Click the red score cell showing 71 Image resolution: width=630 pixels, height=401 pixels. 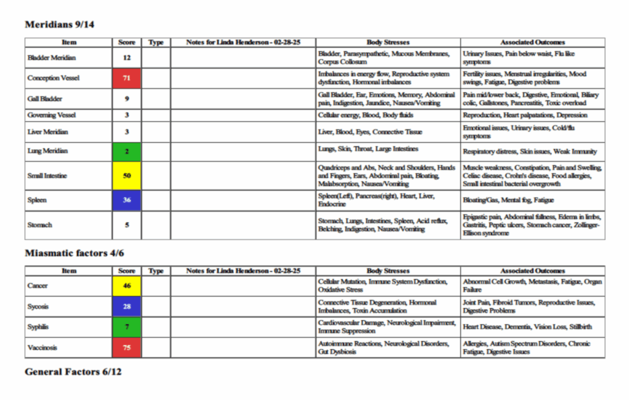click(x=127, y=78)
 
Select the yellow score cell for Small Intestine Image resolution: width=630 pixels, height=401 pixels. click(x=127, y=176)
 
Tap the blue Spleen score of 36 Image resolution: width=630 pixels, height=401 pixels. click(x=127, y=200)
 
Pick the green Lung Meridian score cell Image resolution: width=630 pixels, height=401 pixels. click(x=127, y=151)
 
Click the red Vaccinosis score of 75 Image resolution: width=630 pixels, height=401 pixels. click(x=127, y=348)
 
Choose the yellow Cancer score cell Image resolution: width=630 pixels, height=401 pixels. click(x=127, y=286)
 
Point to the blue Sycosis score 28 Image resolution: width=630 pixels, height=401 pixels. click(x=127, y=306)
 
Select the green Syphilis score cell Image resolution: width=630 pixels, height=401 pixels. click(x=127, y=327)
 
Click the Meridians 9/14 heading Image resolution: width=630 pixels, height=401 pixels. click(x=59, y=25)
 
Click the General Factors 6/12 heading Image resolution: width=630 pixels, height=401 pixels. click(x=73, y=372)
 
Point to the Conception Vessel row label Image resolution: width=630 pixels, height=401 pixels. click(x=54, y=78)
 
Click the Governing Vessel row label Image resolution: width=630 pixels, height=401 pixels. click(x=52, y=115)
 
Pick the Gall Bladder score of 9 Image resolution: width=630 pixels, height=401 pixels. click(x=127, y=98)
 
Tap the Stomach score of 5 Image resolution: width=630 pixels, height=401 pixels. click(x=127, y=225)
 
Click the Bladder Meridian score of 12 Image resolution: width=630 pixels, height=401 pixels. click(x=127, y=58)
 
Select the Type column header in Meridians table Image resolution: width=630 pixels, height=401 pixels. click(x=156, y=42)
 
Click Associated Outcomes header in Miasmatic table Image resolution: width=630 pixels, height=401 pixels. click(x=532, y=271)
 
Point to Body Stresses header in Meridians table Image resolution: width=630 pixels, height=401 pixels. click(x=388, y=42)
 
